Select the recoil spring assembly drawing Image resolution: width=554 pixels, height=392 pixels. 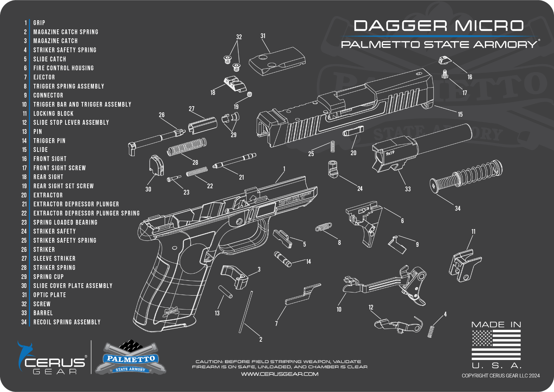466,177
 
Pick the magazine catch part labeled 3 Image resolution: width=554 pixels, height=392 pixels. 234,276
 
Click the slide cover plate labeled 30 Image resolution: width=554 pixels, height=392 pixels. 157,165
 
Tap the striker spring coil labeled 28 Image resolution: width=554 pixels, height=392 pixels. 187,147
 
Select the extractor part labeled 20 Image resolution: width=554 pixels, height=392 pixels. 353,131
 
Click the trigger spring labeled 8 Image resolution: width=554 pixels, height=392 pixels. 323,227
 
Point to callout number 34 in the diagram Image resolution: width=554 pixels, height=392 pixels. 457,208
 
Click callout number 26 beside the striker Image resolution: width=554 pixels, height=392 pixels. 162,115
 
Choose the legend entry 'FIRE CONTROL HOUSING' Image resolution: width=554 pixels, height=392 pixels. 64,68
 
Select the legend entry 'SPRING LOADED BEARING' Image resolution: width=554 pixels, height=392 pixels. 65,222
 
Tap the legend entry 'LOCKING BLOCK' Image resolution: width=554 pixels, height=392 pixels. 53,113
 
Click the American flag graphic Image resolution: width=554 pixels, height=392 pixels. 496,345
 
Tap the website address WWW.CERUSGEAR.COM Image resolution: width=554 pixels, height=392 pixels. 280,374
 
